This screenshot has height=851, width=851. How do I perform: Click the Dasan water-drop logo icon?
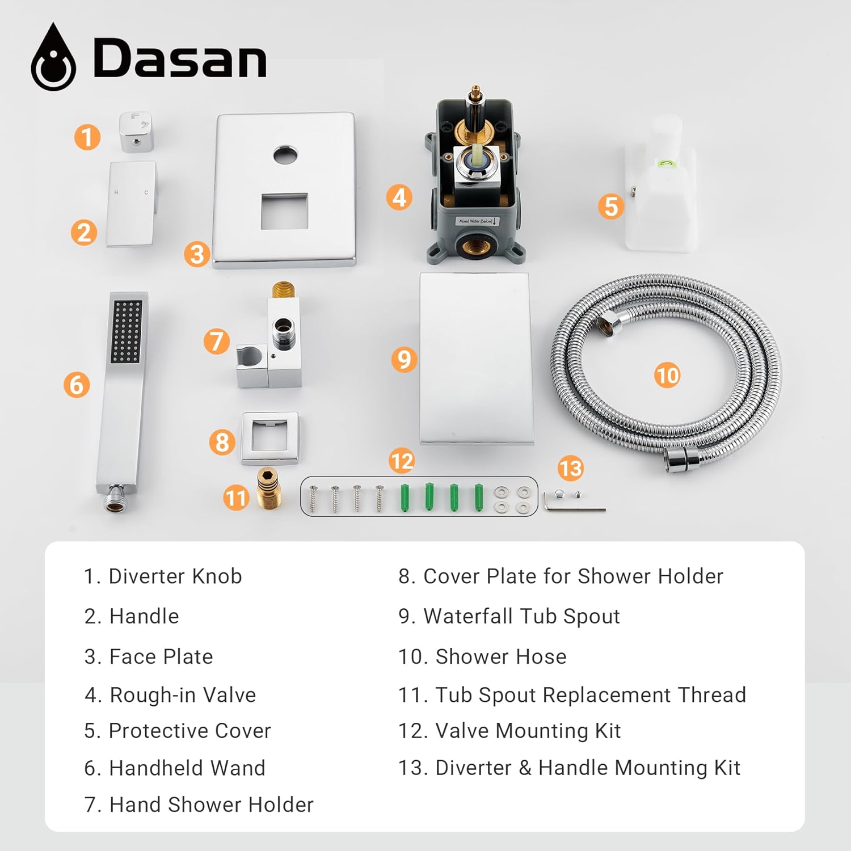(53, 58)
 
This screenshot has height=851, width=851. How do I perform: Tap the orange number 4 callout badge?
(399, 197)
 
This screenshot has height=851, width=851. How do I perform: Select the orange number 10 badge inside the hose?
(667, 375)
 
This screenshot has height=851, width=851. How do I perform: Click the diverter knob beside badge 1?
(136, 132)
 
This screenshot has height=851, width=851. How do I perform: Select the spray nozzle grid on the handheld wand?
(127, 331)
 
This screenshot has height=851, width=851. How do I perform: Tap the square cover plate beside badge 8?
(270, 438)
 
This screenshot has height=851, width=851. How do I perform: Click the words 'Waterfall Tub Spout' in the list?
(521, 616)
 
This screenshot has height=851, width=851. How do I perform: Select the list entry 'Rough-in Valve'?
(182, 695)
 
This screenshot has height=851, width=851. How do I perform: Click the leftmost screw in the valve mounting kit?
(313, 498)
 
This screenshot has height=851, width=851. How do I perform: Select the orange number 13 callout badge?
(570, 468)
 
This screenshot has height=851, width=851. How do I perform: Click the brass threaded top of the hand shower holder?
(282, 290)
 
